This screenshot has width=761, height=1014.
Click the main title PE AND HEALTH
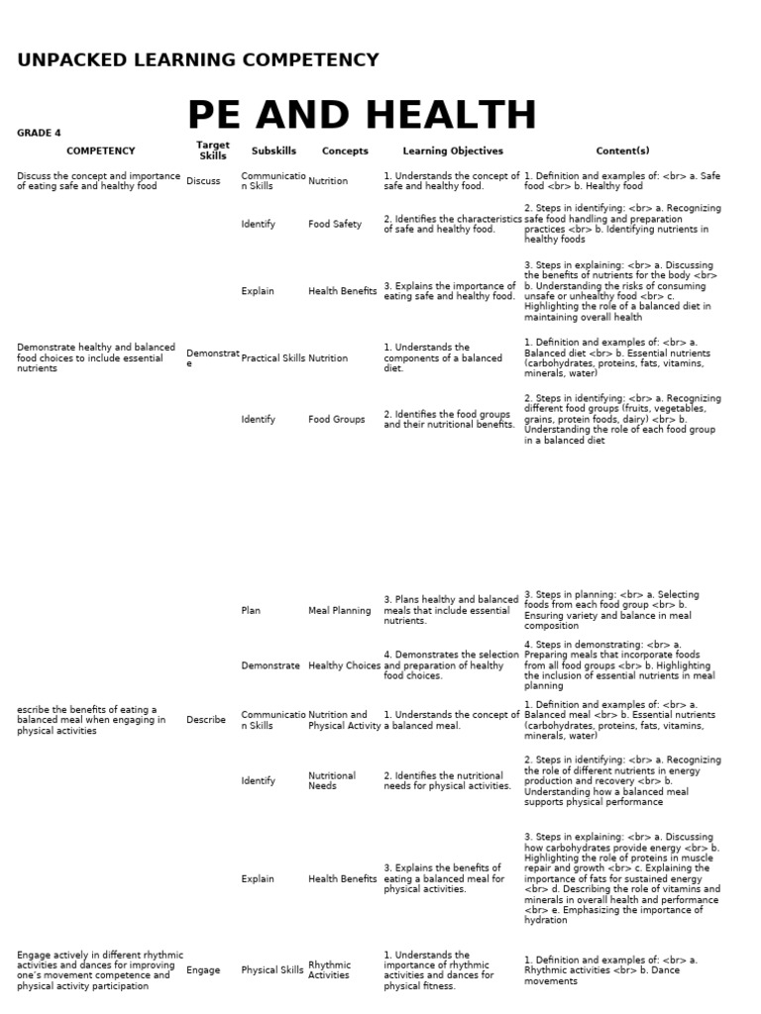point(362,116)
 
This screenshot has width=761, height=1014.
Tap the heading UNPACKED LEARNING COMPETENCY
point(198,60)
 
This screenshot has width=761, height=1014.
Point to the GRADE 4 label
point(39,133)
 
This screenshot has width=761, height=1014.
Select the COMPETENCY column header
point(100,152)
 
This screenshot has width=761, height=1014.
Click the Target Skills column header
point(213,151)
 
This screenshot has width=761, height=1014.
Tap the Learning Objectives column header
point(453,152)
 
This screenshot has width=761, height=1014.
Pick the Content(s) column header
point(622,152)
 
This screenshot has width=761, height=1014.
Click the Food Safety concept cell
point(335,225)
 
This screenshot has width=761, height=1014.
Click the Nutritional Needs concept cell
point(332,781)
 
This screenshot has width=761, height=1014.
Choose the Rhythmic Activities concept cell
point(330,970)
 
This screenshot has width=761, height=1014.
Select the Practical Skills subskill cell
point(272,358)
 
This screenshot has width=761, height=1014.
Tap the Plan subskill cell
point(251,611)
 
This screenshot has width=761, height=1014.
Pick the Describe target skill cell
point(206,720)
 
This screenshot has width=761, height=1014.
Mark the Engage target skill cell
point(203,970)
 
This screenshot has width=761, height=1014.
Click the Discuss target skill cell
point(203,181)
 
